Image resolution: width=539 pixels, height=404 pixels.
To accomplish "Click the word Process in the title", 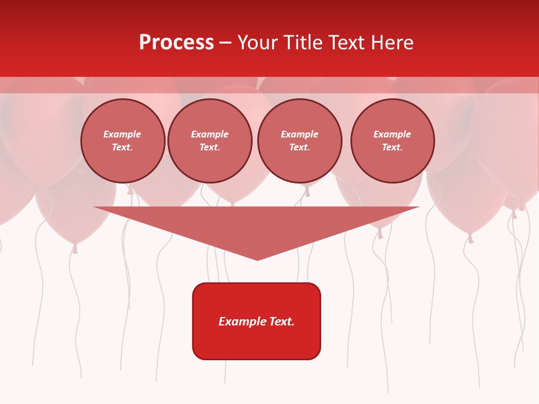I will click(176, 43).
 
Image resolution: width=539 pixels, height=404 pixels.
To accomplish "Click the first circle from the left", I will click(123, 141).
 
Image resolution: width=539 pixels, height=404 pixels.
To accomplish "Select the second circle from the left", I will click(210, 141).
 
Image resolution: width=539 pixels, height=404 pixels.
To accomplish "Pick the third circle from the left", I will click(300, 141).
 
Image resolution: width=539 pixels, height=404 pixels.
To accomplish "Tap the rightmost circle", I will click(392, 141).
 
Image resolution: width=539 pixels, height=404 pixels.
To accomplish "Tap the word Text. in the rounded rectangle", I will click(282, 322).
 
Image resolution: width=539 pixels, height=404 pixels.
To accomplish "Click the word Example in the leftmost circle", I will click(122, 134).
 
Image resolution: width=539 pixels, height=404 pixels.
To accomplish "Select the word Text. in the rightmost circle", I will click(392, 148).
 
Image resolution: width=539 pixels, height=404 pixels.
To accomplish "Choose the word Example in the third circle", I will click(300, 134).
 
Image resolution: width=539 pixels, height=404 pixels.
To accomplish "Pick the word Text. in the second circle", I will click(210, 148).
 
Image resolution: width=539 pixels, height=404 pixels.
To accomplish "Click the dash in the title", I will click(225, 43).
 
